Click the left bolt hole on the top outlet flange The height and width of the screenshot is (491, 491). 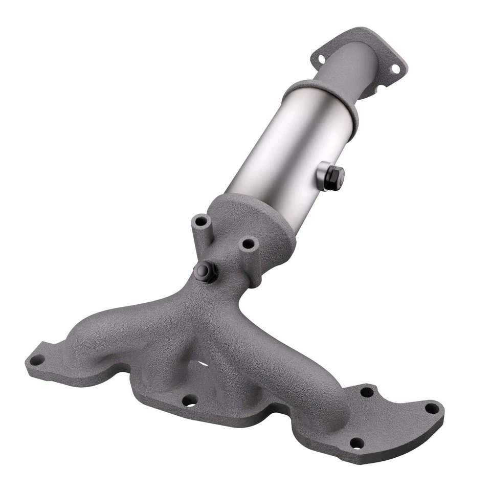[x=321, y=59]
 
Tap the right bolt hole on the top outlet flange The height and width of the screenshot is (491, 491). [x=395, y=69]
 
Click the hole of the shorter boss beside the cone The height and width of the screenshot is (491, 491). [x=249, y=244]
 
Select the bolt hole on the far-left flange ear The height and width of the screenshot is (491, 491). [x=36, y=360]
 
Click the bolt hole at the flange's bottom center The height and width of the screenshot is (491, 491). [x=190, y=400]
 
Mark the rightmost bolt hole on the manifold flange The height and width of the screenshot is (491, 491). [x=432, y=409]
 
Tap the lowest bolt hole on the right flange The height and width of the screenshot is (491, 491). [x=356, y=443]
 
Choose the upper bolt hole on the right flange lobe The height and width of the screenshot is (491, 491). [x=367, y=392]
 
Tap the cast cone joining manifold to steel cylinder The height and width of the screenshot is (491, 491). [x=256, y=215]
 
